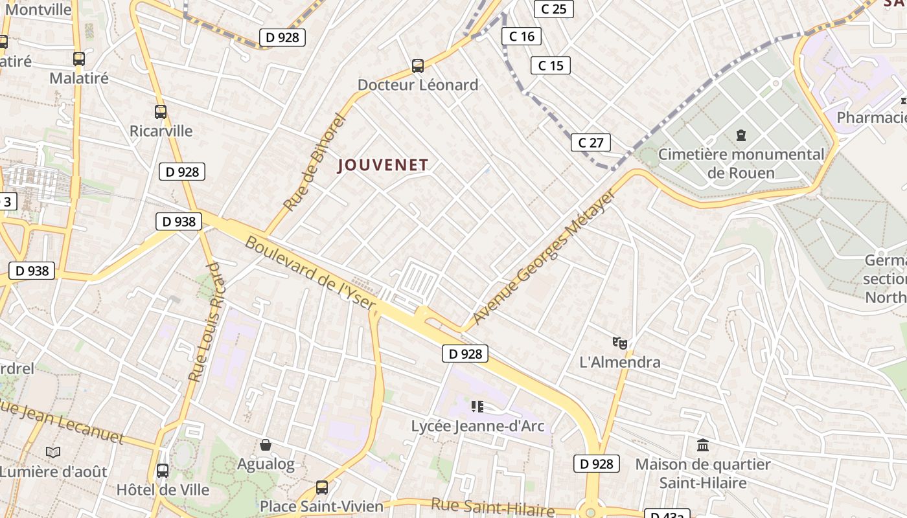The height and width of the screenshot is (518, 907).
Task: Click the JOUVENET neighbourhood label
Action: click(383, 165)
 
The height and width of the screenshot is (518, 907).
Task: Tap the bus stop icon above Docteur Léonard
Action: click(418, 65)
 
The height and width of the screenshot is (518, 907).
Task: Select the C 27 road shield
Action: click(590, 142)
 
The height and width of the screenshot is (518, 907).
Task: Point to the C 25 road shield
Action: click(553, 9)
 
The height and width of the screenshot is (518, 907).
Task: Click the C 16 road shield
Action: click(522, 36)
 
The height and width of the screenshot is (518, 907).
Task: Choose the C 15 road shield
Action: click(551, 65)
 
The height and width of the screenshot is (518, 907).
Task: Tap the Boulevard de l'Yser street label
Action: click(310, 274)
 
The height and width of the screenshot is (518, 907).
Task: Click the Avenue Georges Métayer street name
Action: click(545, 257)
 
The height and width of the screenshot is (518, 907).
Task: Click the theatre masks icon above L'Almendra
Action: click(620, 343)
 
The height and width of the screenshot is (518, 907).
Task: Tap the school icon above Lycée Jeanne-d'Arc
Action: click(477, 407)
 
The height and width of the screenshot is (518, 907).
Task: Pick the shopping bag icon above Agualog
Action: click(266, 445)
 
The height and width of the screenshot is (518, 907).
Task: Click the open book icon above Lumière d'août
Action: click(53, 452)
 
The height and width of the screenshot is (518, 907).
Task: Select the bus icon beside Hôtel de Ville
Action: click(163, 471)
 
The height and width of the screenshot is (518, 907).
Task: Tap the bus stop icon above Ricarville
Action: click(161, 111)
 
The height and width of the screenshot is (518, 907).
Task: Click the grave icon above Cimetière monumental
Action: click(741, 135)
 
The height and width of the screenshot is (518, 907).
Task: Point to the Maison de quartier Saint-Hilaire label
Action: click(703, 474)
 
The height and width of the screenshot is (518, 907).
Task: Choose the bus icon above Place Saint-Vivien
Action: click(322, 487)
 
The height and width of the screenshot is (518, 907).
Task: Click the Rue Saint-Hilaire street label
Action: click(493, 507)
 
